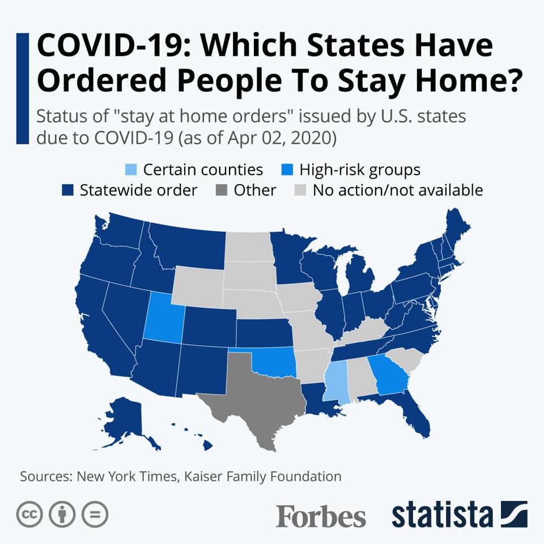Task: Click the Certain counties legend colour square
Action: (x=130, y=170)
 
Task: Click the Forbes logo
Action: (x=321, y=516)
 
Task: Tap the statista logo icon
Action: (x=513, y=515)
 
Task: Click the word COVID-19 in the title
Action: (x=104, y=46)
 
